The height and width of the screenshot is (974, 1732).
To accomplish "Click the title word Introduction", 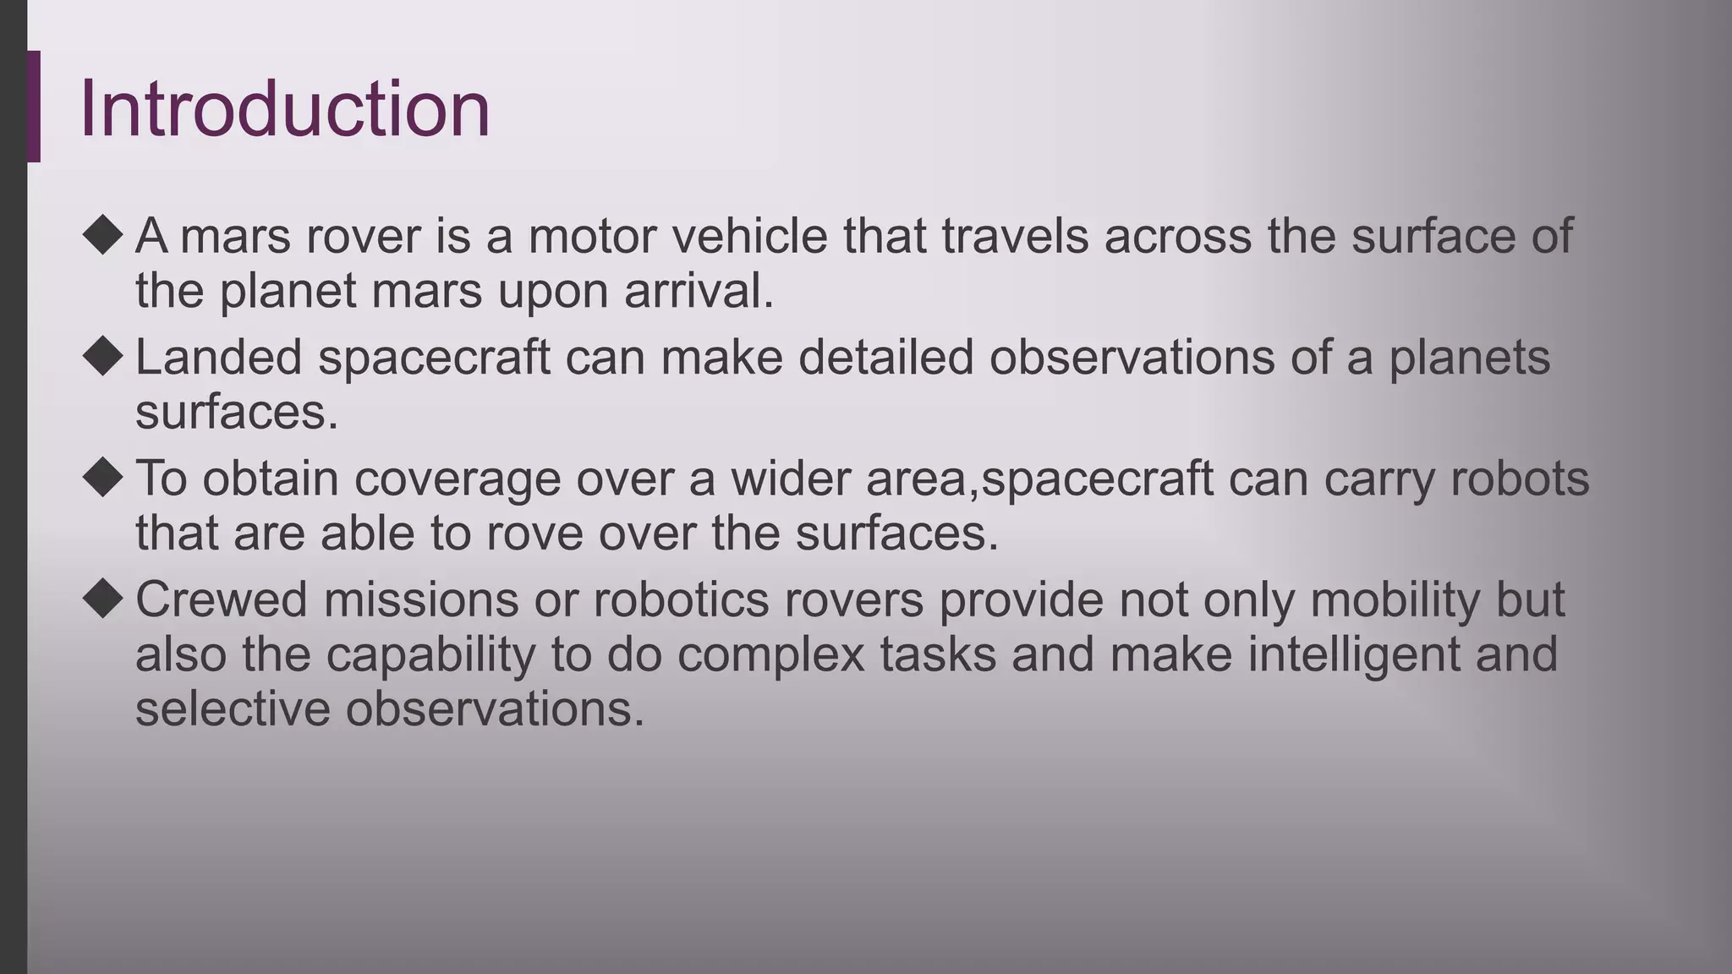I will tap(284, 109).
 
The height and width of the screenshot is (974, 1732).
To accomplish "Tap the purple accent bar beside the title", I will tap(34, 107).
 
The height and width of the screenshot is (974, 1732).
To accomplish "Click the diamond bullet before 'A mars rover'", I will tap(103, 234).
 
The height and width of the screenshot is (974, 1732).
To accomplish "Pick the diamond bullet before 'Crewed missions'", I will tap(103, 599).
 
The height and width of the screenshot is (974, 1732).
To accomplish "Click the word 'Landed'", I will tap(218, 357).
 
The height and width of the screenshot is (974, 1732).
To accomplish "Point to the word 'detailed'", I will tap(885, 357).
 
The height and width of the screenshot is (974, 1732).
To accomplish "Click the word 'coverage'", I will tap(457, 479).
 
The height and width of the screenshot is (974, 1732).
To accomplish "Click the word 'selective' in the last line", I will tap(233, 709).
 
